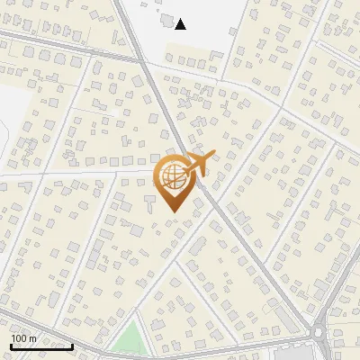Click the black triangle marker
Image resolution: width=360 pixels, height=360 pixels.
coord(181,24)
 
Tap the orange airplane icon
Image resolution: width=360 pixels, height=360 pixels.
coord(199,165)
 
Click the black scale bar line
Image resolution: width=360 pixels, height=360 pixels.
coord(41,346)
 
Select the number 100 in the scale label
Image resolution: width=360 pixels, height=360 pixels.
coord(19,338)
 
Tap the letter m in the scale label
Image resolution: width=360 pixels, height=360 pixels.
coord(32,338)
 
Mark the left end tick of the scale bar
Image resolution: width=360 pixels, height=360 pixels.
coord(11,345)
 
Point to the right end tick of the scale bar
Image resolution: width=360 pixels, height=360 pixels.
coord(72,345)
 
